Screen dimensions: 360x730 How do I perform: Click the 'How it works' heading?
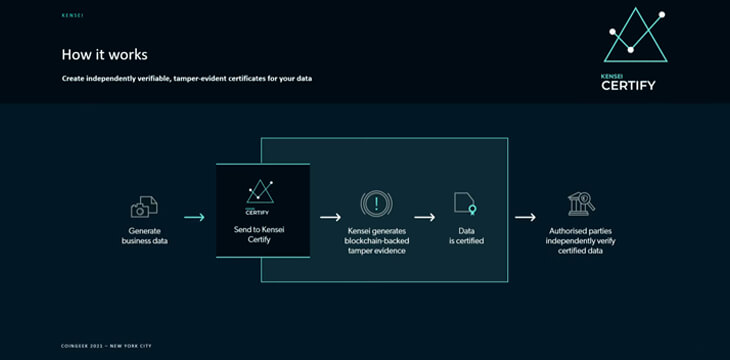[x=104, y=55]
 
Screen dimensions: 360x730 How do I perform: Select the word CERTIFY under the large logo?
[x=628, y=85]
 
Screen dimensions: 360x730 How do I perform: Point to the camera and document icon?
[x=144, y=207]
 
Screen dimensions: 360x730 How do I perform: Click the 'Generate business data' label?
[x=144, y=236]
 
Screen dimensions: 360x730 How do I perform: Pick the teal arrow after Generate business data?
[x=194, y=217]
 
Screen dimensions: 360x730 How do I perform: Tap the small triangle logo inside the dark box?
[x=261, y=191]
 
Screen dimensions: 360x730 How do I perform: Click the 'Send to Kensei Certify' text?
[x=261, y=235]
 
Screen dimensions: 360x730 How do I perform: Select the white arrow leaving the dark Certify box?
[x=330, y=216]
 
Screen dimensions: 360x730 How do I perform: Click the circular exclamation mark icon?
[x=376, y=204]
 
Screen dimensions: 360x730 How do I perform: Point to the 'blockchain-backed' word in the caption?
[x=376, y=240]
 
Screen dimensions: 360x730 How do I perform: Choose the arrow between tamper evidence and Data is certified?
[x=424, y=216]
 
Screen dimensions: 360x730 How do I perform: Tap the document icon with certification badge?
[x=465, y=203]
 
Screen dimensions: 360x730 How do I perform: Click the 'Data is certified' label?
[x=465, y=235]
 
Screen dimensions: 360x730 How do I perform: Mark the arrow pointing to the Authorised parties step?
[x=525, y=216]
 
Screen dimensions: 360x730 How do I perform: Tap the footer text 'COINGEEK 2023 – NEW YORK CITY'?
[x=108, y=345]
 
